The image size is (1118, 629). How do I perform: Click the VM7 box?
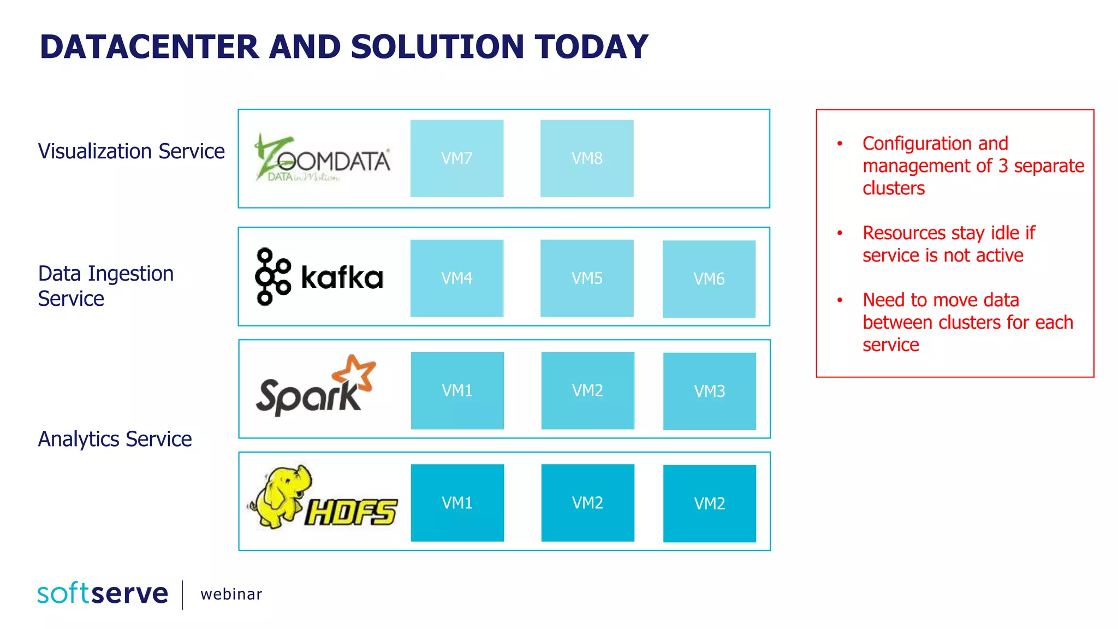point(457,158)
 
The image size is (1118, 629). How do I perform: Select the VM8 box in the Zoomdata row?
point(587,158)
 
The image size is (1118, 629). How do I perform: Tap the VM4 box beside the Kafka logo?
point(457,278)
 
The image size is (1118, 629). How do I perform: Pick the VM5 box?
point(587,278)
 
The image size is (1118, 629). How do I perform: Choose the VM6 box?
point(709,279)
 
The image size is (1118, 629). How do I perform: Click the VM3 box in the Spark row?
point(710,391)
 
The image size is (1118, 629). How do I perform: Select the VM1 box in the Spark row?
point(457,390)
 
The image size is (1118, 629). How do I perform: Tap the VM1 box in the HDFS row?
point(457,503)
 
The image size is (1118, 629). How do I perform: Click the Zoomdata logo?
point(322,158)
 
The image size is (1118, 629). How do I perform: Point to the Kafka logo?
point(319,277)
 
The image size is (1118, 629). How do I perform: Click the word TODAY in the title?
point(591,47)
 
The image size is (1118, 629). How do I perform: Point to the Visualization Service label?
point(131,151)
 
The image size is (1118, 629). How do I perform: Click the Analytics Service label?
point(115,439)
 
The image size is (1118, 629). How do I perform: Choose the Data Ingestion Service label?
point(105,286)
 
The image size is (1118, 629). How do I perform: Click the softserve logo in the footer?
point(103,594)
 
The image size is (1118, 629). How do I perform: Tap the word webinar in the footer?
point(231,594)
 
